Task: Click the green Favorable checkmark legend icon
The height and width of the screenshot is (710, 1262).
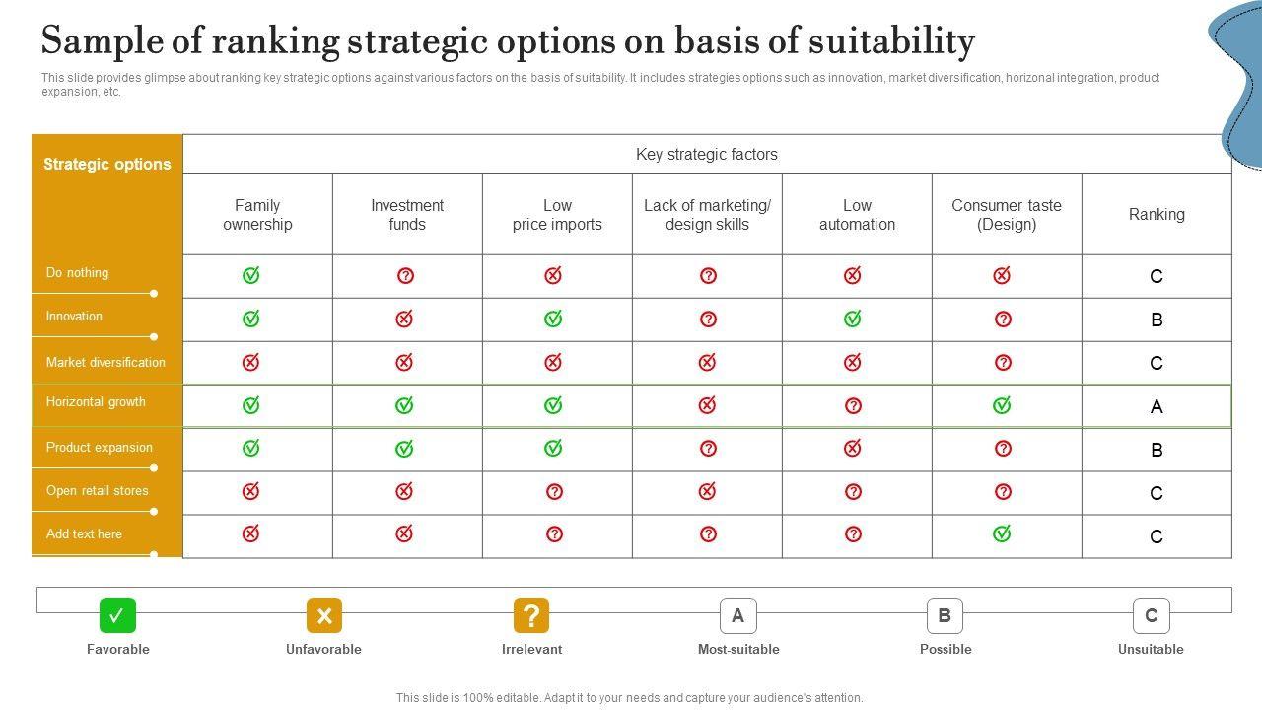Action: point(117,616)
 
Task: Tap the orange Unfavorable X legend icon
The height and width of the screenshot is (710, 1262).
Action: point(323,616)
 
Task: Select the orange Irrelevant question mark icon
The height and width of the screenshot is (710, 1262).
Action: point(531,616)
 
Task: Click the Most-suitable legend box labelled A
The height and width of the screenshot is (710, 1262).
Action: point(737,616)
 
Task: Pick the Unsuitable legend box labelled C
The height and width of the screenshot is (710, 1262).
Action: point(1151,616)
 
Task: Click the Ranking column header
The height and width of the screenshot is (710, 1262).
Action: point(1157,214)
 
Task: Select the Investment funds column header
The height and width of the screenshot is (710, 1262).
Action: point(407,215)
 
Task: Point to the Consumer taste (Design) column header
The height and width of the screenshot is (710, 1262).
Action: point(1007,215)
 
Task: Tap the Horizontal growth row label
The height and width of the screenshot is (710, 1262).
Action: point(96,402)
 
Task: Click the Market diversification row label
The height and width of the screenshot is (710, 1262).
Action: point(105,363)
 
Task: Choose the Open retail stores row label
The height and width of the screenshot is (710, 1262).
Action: point(97,491)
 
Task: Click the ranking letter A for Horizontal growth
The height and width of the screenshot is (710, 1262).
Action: point(1157,406)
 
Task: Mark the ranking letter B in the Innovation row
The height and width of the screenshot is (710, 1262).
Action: point(1157,319)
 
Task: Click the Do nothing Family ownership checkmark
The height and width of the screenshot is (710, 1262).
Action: point(251,276)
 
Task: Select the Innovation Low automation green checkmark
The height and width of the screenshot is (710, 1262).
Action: point(853,319)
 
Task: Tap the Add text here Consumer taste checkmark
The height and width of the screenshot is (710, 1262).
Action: point(1002,533)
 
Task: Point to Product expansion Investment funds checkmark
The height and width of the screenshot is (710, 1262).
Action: point(404,449)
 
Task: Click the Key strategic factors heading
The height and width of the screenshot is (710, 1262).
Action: point(706,155)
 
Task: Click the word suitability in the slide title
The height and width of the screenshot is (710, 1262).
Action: point(891,42)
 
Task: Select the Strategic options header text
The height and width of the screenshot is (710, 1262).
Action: point(106,165)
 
